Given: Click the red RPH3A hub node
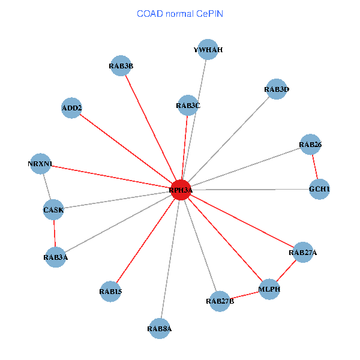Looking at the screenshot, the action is (181, 190).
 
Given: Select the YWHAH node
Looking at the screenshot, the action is (208, 50).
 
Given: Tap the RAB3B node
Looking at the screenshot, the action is (121, 66).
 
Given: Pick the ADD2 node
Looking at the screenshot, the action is (72, 108).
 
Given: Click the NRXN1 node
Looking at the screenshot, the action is (40, 164).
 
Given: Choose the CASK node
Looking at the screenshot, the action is (53, 210).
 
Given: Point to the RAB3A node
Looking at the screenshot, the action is (55, 257).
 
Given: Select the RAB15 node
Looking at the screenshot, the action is (111, 292).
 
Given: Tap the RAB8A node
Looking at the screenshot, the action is (160, 329).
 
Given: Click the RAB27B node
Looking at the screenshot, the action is (220, 301).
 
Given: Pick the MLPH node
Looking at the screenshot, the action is (269, 290).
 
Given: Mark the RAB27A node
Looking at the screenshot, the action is (302, 253).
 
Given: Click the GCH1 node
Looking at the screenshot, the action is (319, 190).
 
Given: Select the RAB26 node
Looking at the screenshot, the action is (310, 145).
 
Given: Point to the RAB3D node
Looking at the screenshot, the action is (276, 89).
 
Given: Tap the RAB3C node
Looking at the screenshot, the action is (188, 106).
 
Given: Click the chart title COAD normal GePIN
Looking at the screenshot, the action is (180, 13).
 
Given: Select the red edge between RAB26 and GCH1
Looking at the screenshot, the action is (314, 167).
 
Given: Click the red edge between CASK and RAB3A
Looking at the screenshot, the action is (55, 234).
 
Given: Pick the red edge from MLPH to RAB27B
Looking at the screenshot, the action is (245, 295).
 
